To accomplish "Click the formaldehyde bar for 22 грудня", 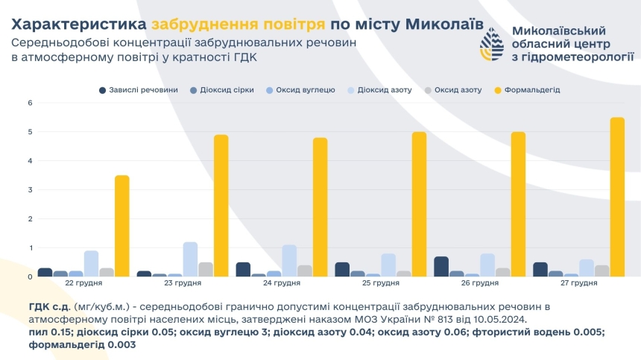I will (x=121, y=226).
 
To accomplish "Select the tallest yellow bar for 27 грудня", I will (x=616, y=197).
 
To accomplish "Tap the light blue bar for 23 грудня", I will (x=190, y=259).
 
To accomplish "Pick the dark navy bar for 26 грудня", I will (x=441, y=267).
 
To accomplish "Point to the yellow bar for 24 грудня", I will (x=320, y=207).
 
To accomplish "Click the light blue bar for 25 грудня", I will (x=388, y=265).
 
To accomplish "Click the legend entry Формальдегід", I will (x=531, y=90).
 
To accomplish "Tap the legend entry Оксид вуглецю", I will (x=304, y=90).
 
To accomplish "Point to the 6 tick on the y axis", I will (x=30, y=103).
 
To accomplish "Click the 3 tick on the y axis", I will (x=30, y=190).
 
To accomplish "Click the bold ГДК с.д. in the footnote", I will (x=49, y=306).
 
